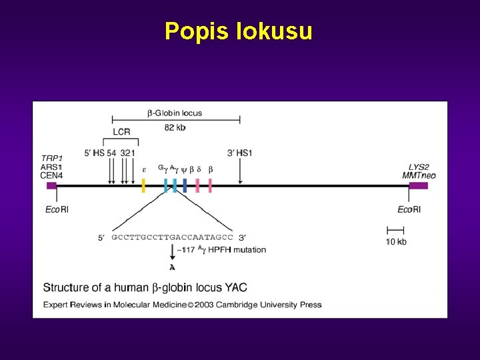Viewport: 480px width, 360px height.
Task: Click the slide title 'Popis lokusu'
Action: (238, 31)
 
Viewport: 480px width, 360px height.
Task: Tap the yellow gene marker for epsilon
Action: (143, 185)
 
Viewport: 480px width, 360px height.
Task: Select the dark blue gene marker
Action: (185, 185)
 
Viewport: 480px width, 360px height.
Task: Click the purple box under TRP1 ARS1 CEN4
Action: (51, 186)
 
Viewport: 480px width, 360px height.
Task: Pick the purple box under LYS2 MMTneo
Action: (418, 185)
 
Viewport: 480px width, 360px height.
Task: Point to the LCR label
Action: (121, 131)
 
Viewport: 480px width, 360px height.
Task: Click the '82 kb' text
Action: (175, 127)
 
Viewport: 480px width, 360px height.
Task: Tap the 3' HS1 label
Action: (240, 153)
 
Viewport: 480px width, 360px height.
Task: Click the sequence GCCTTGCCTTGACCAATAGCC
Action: (172, 237)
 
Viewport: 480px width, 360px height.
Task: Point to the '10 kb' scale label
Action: (396, 241)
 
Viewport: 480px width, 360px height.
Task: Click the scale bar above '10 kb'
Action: (395, 230)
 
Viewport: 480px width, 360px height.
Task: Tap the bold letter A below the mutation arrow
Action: (173, 267)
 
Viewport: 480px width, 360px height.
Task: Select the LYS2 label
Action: (419, 167)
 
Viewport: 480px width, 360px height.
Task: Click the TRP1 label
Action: (52, 159)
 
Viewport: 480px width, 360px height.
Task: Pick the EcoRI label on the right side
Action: (409, 209)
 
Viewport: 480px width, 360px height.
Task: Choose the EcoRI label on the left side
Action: (57, 209)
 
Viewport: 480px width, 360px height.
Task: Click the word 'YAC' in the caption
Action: (236, 287)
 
